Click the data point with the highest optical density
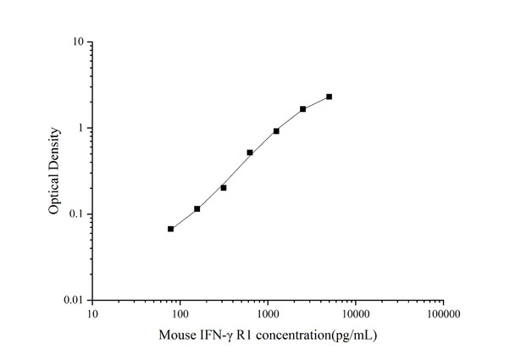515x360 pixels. click(329, 97)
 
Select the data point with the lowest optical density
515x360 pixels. click(170, 229)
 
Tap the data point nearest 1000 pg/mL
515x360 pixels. click(276, 131)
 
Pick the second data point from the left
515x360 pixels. click(197, 208)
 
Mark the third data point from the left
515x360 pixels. click(224, 187)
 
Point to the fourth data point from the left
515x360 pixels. click(250, 152)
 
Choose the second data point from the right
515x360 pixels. click(302, 109)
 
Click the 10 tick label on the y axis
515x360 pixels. click(77, 42)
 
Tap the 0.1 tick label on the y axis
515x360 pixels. click(75, 214)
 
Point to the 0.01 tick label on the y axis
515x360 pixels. click(73, 301)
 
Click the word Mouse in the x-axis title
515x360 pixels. click(176, 335)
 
